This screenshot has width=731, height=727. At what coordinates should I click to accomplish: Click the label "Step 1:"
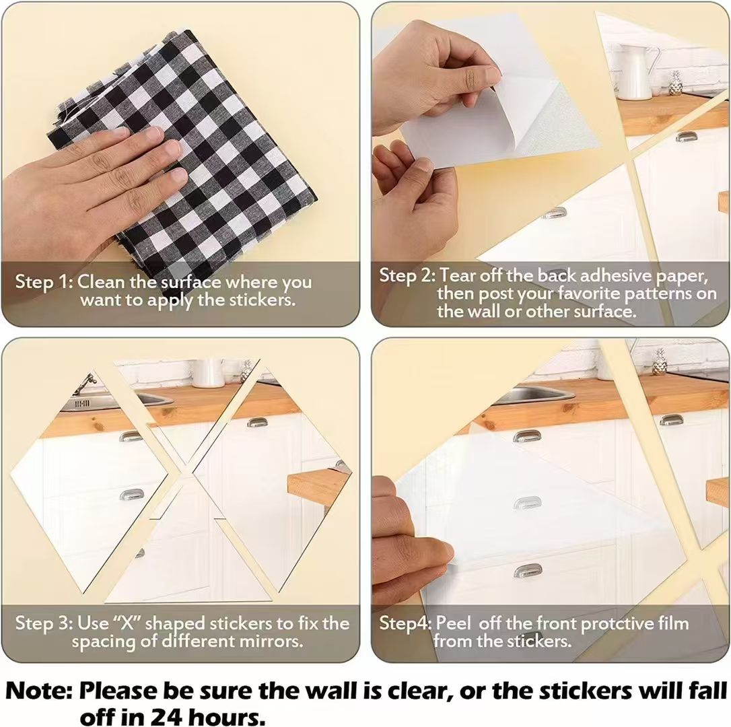coord(44,281)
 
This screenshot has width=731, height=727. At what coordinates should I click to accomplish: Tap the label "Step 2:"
coord(407,275)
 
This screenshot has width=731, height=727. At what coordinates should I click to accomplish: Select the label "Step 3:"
coord(44,623)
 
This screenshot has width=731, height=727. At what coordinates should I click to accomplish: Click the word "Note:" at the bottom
coord(39,691)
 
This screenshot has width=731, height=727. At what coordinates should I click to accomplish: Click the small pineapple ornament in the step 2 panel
coord(674,83)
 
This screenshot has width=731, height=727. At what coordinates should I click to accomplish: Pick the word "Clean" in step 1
coord(101,281)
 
